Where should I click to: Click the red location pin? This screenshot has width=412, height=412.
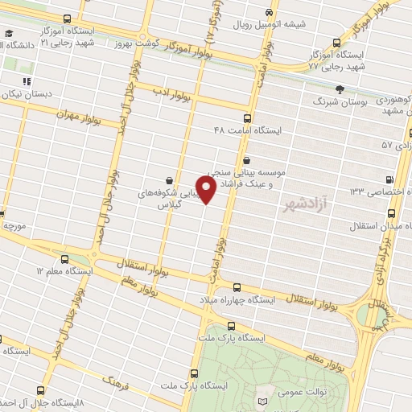click(207, 190)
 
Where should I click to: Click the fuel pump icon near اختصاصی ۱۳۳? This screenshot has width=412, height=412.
click(390, 179)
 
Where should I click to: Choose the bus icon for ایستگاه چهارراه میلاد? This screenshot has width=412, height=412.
click(236, 286)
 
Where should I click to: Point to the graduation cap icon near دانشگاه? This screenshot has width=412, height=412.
click(8, 35)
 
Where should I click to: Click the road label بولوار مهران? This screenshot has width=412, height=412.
click(77, 115)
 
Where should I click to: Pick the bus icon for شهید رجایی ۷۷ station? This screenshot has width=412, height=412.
click(338, 43)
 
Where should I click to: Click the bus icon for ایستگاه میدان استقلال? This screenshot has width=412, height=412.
click(391, 214)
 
